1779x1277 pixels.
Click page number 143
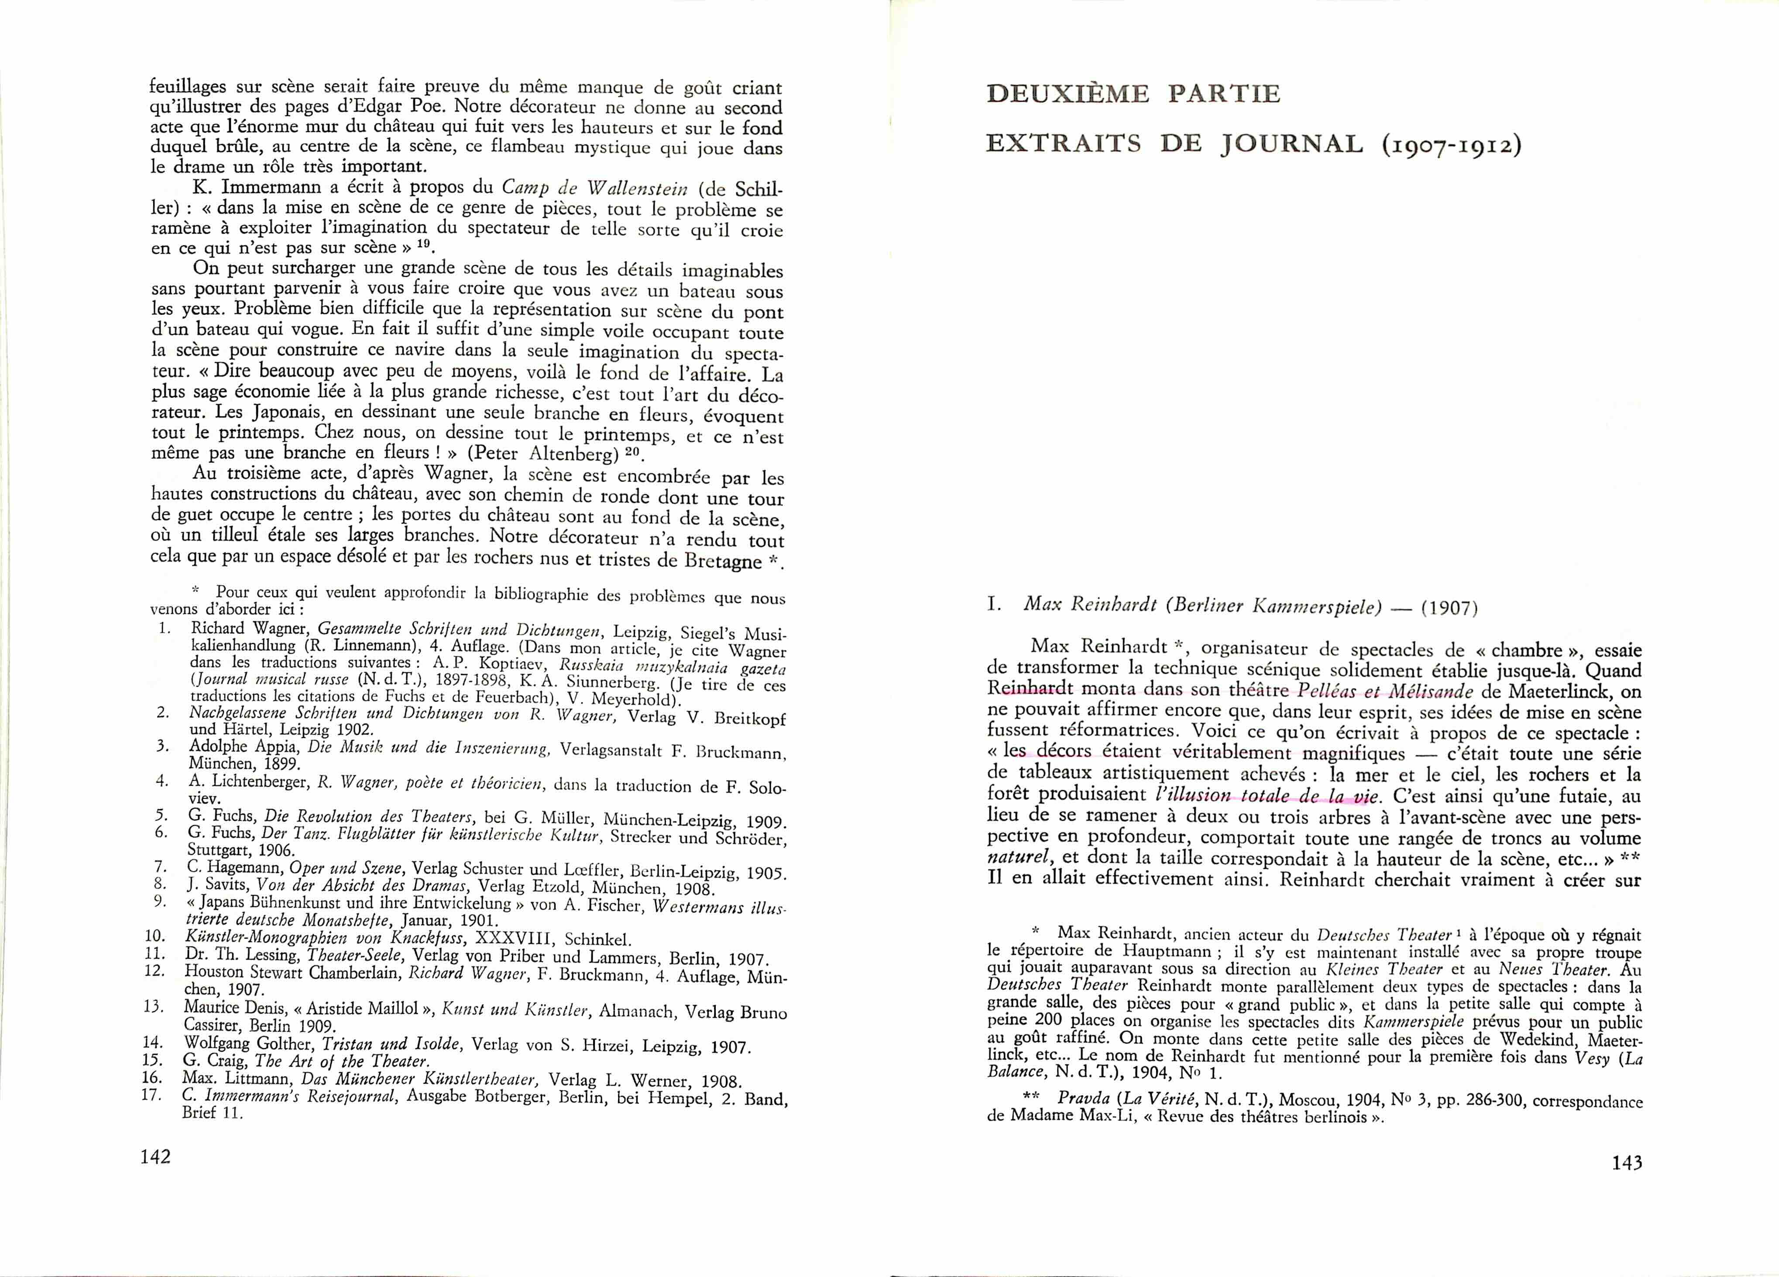pos(1627,1163)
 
